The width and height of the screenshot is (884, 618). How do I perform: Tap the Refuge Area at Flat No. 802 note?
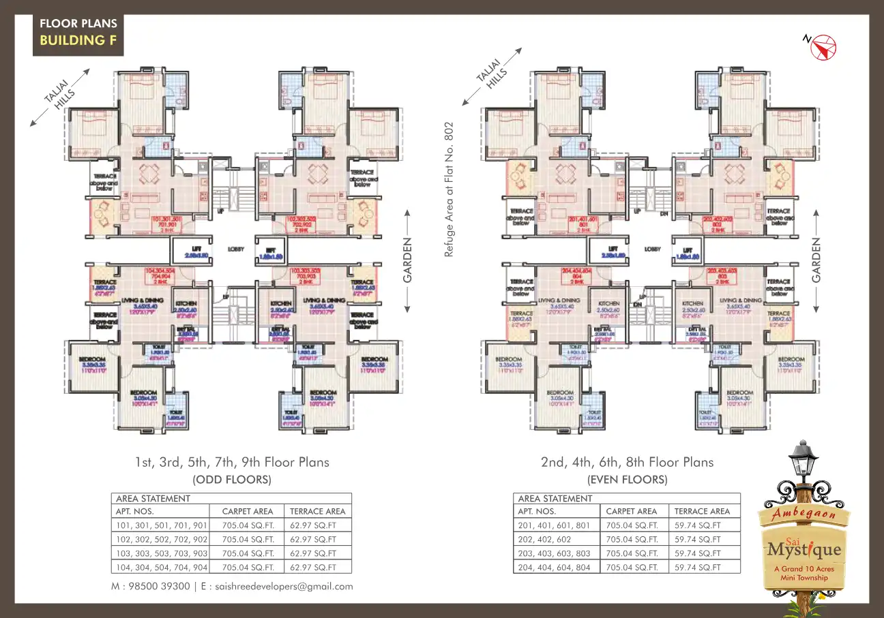click(449, 189)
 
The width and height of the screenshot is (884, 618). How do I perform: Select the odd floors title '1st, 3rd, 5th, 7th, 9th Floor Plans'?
click(232, 463)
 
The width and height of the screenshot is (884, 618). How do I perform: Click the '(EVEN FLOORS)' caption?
click(627, 480)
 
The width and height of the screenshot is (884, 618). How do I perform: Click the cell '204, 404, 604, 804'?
click(554, 568)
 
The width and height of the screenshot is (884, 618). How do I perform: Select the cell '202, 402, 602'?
click(545, 539)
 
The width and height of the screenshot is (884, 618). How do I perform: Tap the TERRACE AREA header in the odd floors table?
click(317, 511)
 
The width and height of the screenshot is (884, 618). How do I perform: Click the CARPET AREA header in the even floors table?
click(632, 511)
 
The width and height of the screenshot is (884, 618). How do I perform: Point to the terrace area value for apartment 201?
click(697, 525)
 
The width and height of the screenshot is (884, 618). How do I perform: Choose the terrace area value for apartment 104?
click(313, 568)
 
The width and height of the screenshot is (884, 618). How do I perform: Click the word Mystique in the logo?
click(804, 549)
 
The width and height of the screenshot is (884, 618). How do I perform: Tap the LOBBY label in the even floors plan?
click(653, 249)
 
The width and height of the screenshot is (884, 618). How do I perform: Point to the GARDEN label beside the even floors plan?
click(817, 260)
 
